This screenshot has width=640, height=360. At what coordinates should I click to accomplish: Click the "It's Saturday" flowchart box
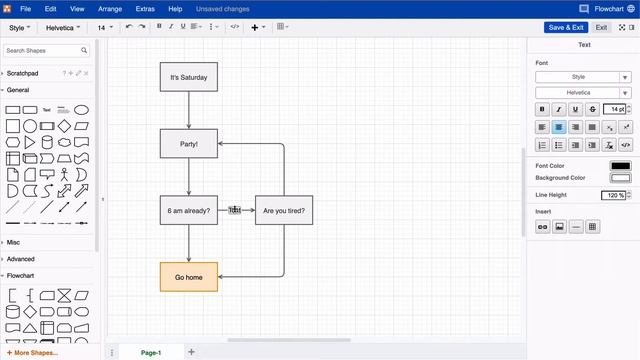(x=188, y=77)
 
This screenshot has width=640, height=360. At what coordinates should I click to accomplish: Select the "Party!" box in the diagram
(x=188, y=143)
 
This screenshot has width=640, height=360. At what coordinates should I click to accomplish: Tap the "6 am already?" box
(x=188, y=210)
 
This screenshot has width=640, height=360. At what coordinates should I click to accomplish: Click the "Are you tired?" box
(x=284, y=210)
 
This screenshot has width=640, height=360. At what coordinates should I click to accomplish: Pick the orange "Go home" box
(x=188, y=277)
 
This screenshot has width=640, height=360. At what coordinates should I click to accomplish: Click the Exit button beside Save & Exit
(x=601, y=27)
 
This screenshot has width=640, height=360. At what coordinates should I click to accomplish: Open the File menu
(x=25, y=8)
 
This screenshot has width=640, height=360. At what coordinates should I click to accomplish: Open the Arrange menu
(x=110, y=8)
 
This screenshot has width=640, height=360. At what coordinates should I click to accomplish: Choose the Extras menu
(x=145, y=8)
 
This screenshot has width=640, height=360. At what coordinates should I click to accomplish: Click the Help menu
(x=175, y=8)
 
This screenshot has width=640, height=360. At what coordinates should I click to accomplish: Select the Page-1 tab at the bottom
(x=151, y=352)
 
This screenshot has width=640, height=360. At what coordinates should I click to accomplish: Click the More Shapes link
(x=36, y=352)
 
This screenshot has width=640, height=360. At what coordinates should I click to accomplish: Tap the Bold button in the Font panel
(x=542, y=109)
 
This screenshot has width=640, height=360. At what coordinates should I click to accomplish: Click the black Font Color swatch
(x=620, y=165)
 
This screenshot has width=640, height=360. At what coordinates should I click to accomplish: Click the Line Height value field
(x=613, y=195)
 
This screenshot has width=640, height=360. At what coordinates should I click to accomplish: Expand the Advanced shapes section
(x=21, y=259)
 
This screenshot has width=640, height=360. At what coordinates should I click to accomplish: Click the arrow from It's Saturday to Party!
(x=188, y=110)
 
